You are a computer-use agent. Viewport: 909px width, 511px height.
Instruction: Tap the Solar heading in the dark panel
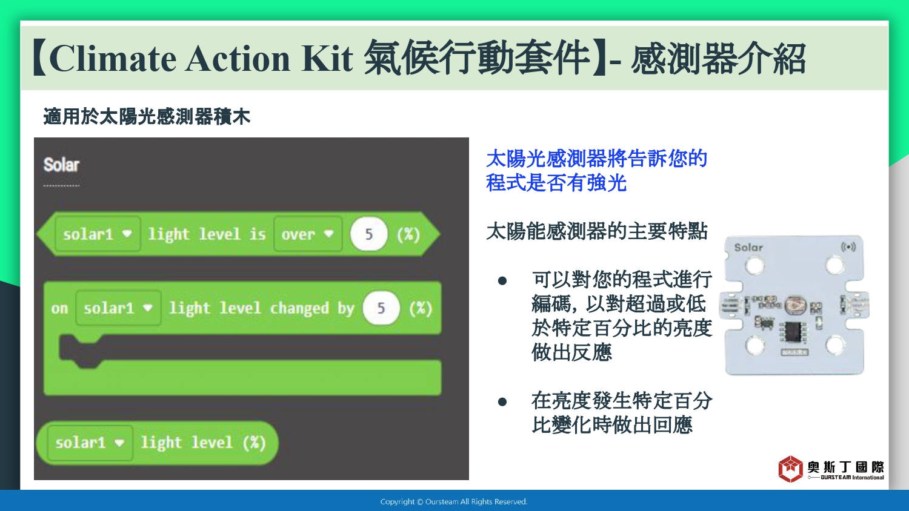(61, 165)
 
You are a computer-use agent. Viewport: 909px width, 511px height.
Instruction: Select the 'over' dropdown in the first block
(308, 234)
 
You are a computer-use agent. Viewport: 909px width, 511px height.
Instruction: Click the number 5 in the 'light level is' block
(368, 234)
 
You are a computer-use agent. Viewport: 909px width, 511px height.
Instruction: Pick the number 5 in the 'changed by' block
(381, 308)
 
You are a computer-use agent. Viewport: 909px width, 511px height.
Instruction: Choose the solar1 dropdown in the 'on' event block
(118, 308)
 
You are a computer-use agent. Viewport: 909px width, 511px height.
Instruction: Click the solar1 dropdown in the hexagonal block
(98, 234)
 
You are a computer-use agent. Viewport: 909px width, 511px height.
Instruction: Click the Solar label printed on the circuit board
(748, 248)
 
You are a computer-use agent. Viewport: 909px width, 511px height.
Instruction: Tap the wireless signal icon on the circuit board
(848, 247)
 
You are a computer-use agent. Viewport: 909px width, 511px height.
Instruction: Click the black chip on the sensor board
(792, 332)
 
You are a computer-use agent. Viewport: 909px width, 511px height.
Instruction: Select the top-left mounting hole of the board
(754, 266)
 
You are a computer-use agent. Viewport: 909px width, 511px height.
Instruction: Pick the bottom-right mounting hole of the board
(834, 346)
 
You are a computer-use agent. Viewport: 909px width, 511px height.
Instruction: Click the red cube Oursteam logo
(790, 469)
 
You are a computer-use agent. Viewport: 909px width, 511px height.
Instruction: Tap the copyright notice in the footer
(454, 502)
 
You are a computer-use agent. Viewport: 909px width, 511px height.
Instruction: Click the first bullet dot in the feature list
(502, 281)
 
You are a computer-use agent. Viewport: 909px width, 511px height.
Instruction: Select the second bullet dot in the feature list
(502, 402)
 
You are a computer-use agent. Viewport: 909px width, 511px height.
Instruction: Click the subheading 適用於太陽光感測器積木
(147, 116)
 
